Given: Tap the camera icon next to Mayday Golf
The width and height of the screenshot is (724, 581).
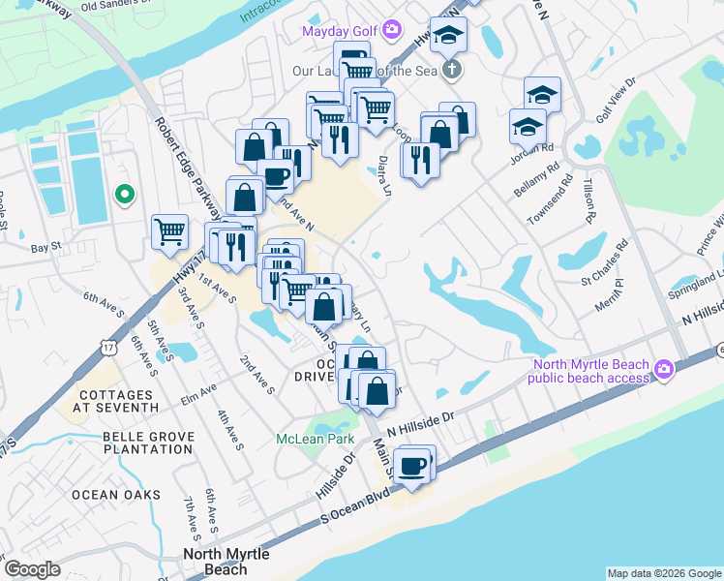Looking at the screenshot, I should [391, 30].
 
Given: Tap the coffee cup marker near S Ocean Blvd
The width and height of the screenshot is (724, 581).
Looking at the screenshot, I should [414, 465].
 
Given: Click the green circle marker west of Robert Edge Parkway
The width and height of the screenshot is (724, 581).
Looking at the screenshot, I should [123, 195].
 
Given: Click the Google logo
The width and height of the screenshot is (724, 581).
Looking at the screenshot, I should [32, 569].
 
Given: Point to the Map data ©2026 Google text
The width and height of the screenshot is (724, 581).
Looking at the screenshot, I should [664, 573].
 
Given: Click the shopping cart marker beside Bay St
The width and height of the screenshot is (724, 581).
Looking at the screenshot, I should [169, 232].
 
